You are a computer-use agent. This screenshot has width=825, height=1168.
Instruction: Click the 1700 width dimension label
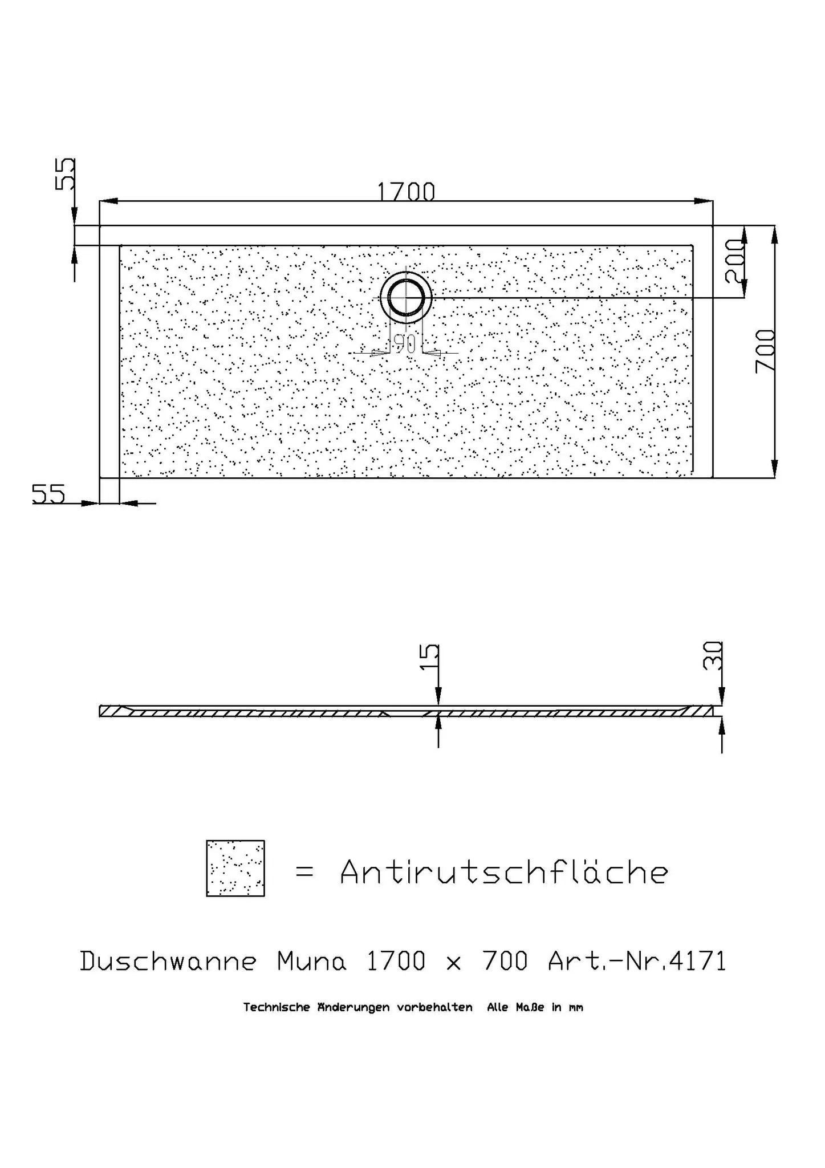coord(406,192)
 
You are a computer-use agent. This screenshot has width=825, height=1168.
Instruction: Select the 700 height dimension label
coord(765,351)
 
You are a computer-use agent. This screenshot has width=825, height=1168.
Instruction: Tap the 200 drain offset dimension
coord(735,261)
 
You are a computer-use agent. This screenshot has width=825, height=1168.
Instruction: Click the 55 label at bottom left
coord(48,494)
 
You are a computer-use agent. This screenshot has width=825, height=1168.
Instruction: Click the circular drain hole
coord(406,297)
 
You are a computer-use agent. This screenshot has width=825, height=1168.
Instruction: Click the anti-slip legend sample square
coord(235,868)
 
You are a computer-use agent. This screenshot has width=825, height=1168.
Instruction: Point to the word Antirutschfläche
coord(504,872)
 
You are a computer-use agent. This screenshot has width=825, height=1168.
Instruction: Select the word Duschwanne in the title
coord(168,962)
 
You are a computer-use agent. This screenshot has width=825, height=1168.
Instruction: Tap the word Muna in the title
coord(312,962)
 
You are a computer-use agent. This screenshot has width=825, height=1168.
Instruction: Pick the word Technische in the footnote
coord(278,1008)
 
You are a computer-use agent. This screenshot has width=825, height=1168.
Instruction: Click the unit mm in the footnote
coord(575,1008)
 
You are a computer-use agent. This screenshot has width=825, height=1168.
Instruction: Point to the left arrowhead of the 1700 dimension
coord(108,201)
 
